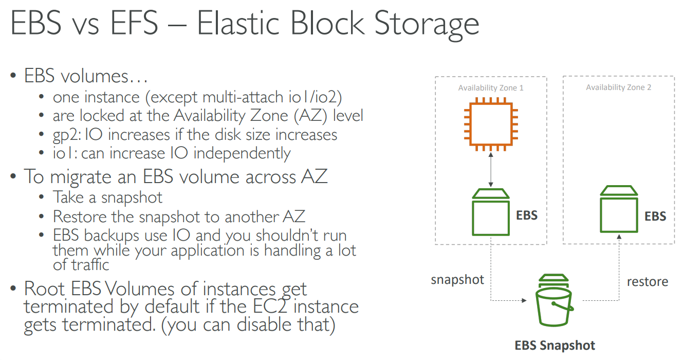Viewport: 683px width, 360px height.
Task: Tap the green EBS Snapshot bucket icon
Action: pos(555,303)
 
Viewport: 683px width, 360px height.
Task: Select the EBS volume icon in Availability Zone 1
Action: pos(491,212)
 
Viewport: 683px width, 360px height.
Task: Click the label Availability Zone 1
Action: pos(491,88)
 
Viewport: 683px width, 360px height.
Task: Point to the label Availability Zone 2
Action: pos(618,87)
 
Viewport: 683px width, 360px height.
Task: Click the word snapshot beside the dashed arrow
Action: pos(457,280)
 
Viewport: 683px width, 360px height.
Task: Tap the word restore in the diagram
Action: pos(647,281)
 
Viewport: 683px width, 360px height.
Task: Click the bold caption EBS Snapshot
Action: pos(555,345)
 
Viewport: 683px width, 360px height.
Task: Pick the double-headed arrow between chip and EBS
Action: pos(491,170)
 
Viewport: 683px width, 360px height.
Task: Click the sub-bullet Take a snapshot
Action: pos(108,197)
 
